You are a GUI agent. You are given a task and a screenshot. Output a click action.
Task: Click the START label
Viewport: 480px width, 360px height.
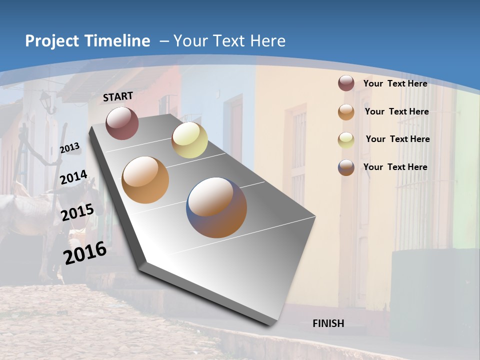point(118,96)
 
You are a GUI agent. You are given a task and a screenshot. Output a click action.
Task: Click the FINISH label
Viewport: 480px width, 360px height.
point(328,323)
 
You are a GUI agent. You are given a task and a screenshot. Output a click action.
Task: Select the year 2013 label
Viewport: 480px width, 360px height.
point(69,148)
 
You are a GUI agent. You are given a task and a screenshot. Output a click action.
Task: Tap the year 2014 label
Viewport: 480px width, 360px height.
point(74,177)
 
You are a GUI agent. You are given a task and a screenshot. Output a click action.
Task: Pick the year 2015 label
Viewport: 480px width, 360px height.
point(77,212)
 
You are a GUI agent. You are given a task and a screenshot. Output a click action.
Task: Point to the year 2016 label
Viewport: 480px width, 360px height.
point(85,252)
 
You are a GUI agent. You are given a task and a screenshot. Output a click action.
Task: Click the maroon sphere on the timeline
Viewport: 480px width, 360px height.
point(122,123)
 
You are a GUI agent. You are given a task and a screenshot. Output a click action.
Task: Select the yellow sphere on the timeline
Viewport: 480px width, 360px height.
point(189,140)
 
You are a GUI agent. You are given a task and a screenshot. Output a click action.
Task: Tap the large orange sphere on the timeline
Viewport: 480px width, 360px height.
point(145,180)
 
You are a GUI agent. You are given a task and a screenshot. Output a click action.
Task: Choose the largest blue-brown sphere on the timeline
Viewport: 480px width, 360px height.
point(216,207)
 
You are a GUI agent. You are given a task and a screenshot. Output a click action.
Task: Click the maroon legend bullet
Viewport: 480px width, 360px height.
point(346,83)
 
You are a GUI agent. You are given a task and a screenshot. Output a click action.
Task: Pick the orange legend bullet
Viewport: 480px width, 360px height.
point(346,111)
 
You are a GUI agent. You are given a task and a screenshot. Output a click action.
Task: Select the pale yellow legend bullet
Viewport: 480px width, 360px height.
point(346,139)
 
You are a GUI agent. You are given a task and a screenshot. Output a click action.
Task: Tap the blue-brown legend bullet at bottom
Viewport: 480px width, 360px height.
point(346,167)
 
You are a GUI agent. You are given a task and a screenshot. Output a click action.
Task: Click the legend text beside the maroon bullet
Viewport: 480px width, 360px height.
point(395,83)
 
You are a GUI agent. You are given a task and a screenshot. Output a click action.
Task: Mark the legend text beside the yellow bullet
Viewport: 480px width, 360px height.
point(397,139)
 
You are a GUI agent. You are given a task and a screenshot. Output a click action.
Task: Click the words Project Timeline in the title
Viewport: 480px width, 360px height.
point(87,41)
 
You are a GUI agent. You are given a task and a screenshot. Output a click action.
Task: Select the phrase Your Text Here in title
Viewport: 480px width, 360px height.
point(229,41)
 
